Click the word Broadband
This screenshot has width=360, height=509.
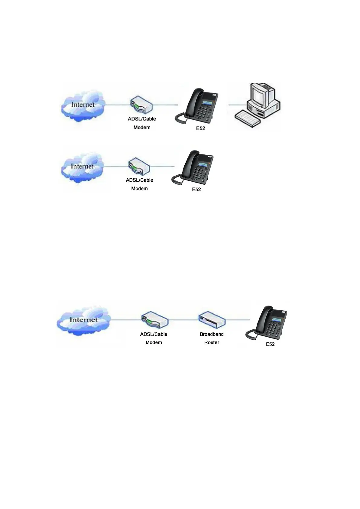[x=212, y=334]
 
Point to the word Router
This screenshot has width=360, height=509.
[x=212, y=342]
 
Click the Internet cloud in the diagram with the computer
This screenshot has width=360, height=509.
[x=83, y=105]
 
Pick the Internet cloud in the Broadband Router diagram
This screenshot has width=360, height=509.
[x=83, y=320]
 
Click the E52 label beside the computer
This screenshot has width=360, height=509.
[x=200, y=128]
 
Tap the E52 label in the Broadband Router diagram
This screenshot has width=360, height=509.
[x=270, y=344]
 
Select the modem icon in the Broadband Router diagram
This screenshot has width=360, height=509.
[x=154, y=320]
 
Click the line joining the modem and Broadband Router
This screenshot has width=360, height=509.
[x=183, y=320]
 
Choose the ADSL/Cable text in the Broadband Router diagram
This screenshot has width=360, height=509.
[x=154, y=334]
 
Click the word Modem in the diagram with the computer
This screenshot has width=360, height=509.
[x=142, y=128]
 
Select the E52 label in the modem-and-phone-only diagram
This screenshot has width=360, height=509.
[x=196, y=190]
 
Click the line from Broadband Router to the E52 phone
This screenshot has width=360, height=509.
[x=237, y=320]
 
